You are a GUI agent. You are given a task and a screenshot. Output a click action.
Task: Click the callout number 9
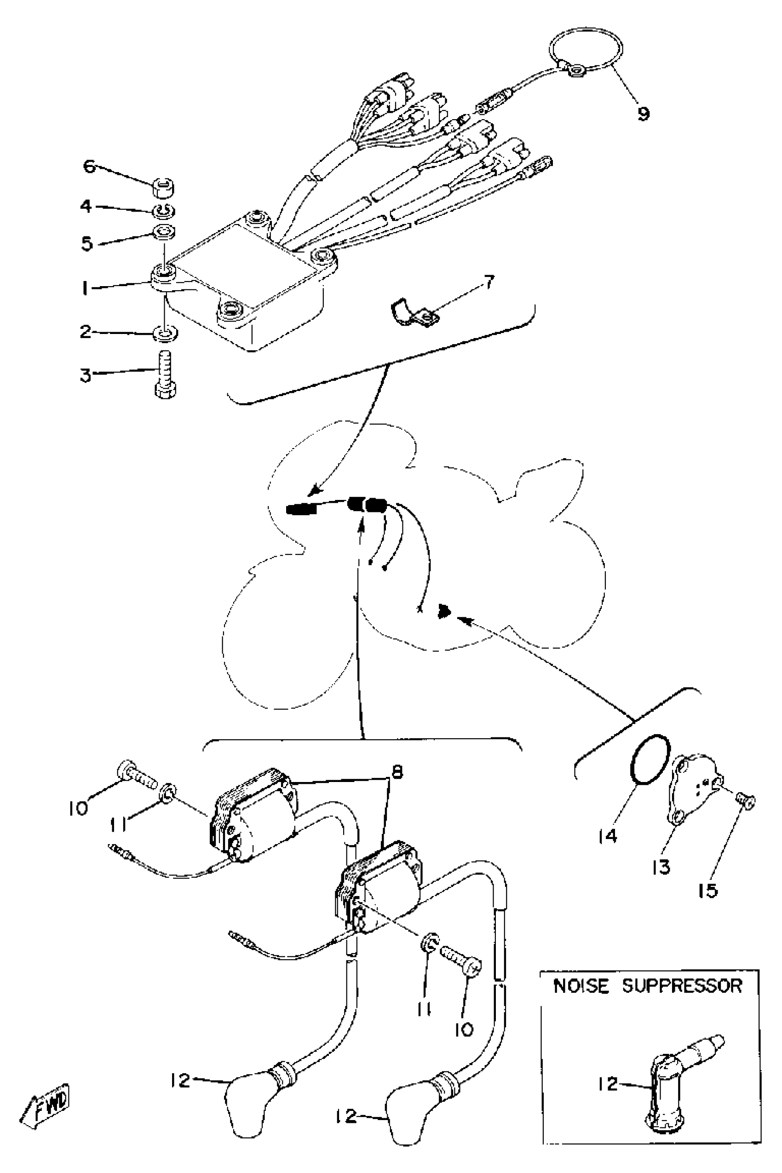point(643,114)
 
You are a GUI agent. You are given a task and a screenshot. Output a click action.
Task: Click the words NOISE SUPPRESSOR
point(648,986)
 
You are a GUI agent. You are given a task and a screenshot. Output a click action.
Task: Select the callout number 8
point(397,772)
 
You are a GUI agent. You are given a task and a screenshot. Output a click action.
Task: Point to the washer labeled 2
point(164,333)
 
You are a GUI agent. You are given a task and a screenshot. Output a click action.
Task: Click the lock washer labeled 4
point(164,212)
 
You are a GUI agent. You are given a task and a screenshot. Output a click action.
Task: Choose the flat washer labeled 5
point(164,231)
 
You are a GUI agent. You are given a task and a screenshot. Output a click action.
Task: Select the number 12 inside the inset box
point(608,1084)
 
